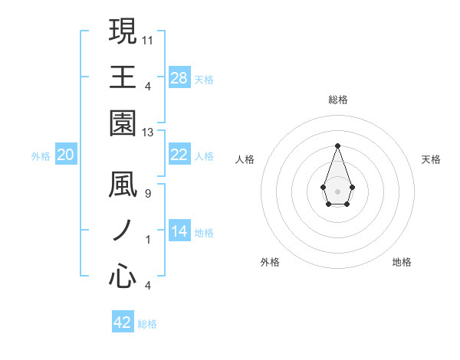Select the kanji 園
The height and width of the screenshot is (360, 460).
123,122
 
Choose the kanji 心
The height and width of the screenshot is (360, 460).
123,276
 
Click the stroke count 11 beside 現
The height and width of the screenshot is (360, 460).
149,40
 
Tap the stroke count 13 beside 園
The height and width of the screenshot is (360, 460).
149,133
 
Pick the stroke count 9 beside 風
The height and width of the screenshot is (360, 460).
147,194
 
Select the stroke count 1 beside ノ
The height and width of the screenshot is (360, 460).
147,240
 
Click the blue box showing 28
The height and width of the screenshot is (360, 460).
179,78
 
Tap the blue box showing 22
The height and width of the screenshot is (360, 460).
179,155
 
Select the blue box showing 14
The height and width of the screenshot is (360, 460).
179,231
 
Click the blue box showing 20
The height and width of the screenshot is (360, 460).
66,155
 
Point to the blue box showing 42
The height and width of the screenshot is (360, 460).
123,322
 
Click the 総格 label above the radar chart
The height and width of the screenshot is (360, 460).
337,100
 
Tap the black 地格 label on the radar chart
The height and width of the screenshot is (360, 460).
402,262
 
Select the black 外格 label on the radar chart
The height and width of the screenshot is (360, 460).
270,262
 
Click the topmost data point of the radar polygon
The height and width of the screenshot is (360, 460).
337,145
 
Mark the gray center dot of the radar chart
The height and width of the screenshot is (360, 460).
337,191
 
